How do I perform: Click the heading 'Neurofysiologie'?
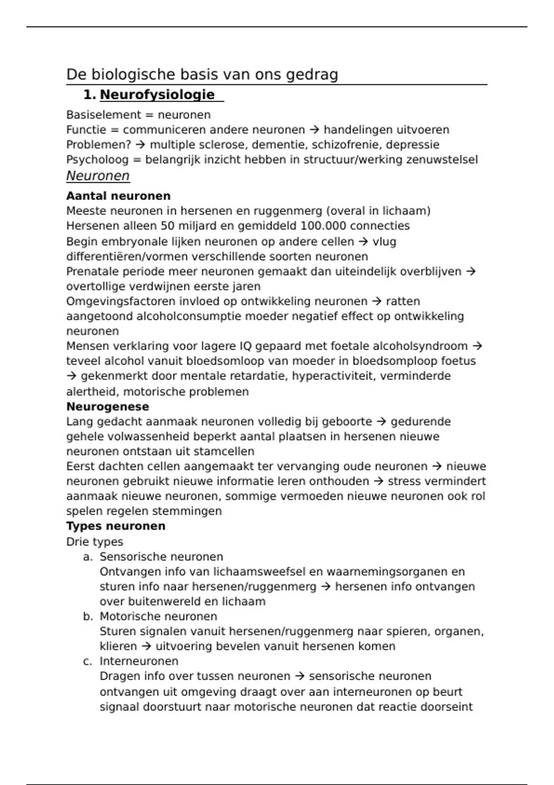157,95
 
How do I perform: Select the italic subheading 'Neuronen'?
98,176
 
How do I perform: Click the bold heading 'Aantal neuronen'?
118,196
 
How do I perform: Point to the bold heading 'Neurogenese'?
108,407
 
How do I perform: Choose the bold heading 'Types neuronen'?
115,526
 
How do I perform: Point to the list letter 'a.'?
88,557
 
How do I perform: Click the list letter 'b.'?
88,616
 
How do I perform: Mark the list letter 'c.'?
88,661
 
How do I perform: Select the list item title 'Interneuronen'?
139,661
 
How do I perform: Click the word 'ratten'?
403,302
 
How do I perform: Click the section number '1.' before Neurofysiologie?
90,95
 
